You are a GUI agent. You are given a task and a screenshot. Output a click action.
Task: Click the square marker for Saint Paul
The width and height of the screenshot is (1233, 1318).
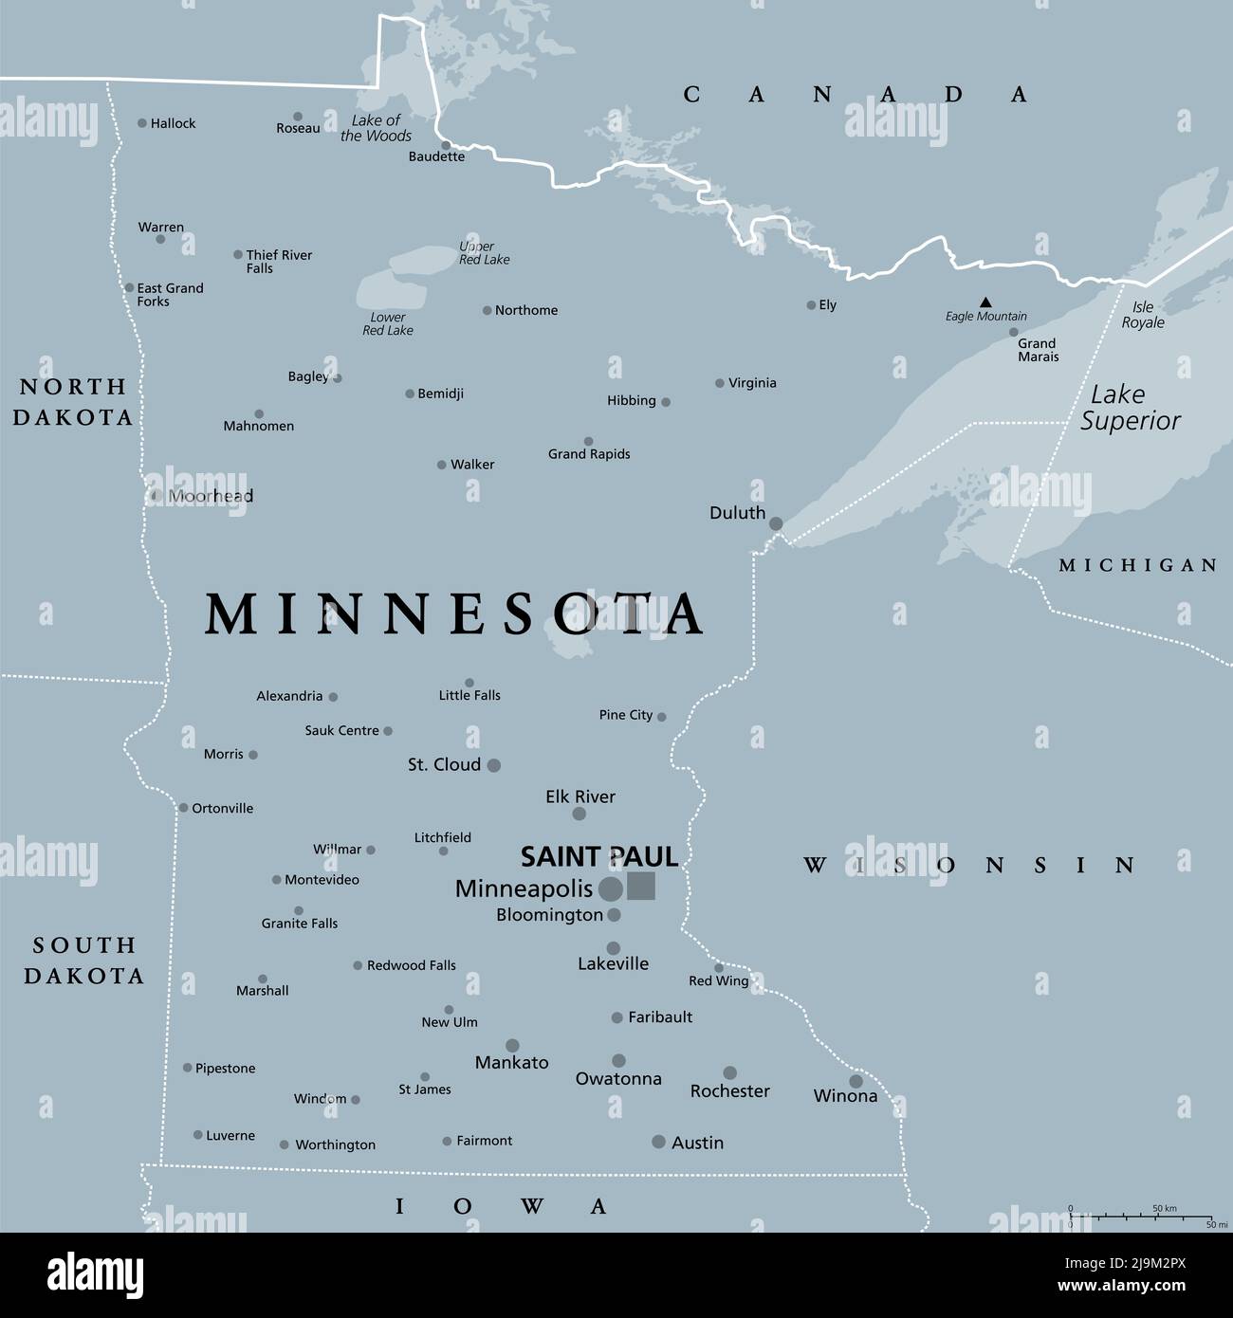pos(641,886)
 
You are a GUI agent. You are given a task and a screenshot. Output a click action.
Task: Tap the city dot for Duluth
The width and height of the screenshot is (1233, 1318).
pos(776,523)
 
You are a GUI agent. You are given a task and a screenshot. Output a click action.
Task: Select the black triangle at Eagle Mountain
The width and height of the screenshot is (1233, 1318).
pos(985,302)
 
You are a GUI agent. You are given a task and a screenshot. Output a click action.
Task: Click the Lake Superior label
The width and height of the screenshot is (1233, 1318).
pos(1130,408)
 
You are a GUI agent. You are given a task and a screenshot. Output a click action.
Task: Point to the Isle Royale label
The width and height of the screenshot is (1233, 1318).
pos(1143,315)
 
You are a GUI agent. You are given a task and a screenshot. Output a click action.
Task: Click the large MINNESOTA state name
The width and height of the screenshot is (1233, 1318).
pos(455,614)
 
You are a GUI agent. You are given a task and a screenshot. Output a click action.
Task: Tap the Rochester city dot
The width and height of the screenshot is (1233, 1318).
pos(729,1073)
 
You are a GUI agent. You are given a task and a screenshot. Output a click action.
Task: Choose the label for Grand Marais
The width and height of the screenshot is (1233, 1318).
pos(1038,350)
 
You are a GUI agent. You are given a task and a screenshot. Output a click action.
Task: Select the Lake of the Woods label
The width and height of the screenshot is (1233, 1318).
pos(376,128)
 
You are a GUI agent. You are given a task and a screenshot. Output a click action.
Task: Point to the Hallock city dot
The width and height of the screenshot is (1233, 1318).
pos(142,123)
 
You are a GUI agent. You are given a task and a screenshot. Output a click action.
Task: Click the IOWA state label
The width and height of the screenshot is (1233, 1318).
pos(501,1206)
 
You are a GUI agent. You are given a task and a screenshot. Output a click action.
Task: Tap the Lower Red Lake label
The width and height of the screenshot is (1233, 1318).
pos(387,324)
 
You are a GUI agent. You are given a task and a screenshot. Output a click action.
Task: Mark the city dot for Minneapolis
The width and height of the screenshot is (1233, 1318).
pos(611,888)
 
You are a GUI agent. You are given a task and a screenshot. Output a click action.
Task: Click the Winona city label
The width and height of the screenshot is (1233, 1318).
pos(845,1096)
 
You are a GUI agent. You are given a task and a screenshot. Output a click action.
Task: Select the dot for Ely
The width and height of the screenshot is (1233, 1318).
pos(811,305)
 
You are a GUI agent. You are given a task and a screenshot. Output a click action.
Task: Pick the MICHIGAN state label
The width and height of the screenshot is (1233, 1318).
pos(1137,565)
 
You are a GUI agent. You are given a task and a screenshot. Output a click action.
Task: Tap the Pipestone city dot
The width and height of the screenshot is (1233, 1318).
pos(188,1068)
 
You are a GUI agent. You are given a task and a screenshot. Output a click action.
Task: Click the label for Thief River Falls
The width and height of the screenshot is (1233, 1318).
pos(279,262)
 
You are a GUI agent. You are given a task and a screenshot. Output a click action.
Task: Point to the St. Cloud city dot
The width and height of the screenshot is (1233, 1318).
pos(493,764)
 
